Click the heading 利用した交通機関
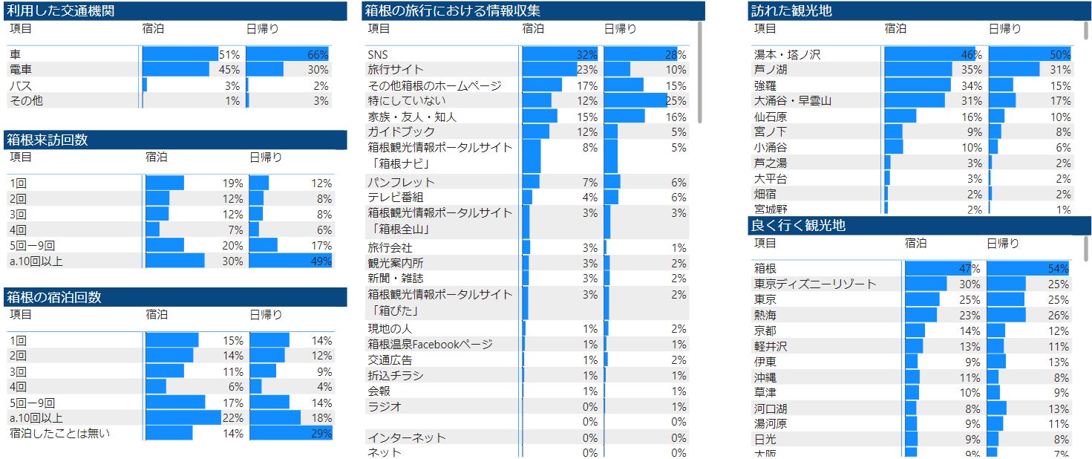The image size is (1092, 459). (60, 11)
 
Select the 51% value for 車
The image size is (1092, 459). (229, 54)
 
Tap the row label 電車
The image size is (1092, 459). (21, 70)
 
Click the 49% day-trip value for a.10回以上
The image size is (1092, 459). (321, 261)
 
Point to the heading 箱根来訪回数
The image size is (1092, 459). (48, 140)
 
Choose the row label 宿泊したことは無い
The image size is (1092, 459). (59, 433)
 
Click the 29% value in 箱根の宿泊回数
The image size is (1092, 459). (321, 433)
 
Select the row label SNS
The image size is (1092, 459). (378, 54)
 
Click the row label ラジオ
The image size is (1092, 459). (385, 407)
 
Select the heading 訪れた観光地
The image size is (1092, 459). (791, 11)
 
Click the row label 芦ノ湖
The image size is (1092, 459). (771, 70)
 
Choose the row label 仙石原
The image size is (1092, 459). (771, 117)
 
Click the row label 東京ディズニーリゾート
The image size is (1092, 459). (815, 284)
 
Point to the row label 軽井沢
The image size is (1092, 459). (771, 346)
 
